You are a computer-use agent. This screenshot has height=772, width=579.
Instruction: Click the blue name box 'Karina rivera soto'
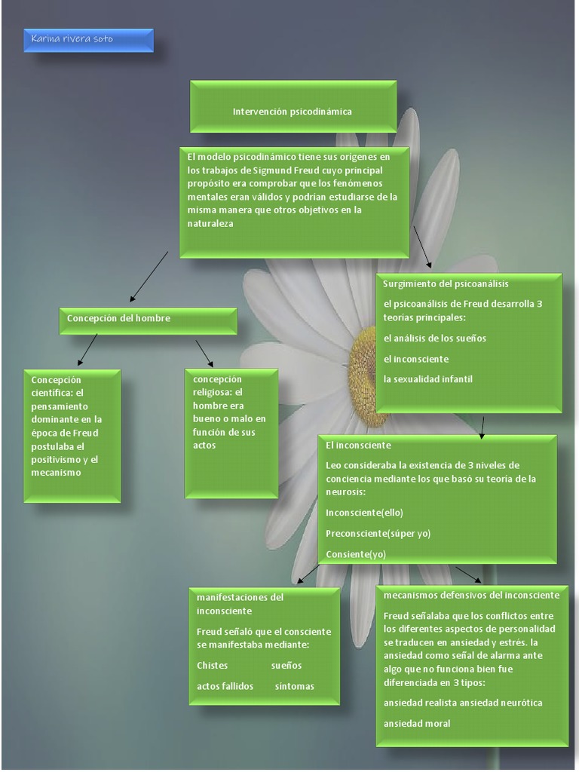[x=88, y=40]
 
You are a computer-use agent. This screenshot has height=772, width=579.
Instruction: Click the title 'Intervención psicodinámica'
[x=293, y=112]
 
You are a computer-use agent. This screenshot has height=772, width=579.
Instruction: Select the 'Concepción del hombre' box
[x=148, y=319]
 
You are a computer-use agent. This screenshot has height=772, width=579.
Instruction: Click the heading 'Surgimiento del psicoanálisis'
[x=446, y=284]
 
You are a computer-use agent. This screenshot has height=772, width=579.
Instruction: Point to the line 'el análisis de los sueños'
[x=435, y=339]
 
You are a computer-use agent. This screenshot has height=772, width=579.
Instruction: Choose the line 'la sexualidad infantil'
[x=428, y=379]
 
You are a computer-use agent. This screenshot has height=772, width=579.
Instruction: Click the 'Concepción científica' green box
[x=72, y=435]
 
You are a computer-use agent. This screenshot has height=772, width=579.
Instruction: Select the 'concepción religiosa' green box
[x=231, y=433]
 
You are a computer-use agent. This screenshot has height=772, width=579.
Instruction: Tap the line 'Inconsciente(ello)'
[x=364, y=513]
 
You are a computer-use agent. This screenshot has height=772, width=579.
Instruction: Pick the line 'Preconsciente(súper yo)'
[x=378, y=534]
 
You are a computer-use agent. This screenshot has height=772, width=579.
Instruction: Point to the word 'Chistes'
[x=212, y=666]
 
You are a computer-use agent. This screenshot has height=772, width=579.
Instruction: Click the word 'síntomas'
[x=295, y=687]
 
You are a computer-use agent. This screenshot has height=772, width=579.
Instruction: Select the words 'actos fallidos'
[x=225, y=687]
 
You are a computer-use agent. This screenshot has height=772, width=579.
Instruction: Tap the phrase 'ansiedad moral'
[x=417, y=724]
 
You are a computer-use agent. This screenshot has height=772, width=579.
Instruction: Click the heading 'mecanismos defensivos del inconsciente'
[x=471, y=596]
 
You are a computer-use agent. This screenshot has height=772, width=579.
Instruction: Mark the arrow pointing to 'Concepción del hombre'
[x=149, y=277]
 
